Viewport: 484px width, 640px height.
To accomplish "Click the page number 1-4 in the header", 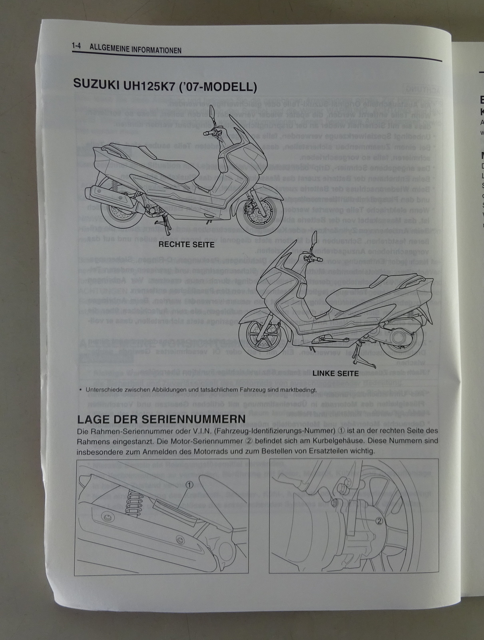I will [x=76, y=47].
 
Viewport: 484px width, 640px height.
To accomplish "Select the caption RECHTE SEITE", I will [x=187, y=244].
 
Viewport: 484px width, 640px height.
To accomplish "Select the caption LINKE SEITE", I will [x=335, y=374].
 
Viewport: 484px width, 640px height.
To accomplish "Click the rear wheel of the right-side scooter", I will [x=119, y=216].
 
